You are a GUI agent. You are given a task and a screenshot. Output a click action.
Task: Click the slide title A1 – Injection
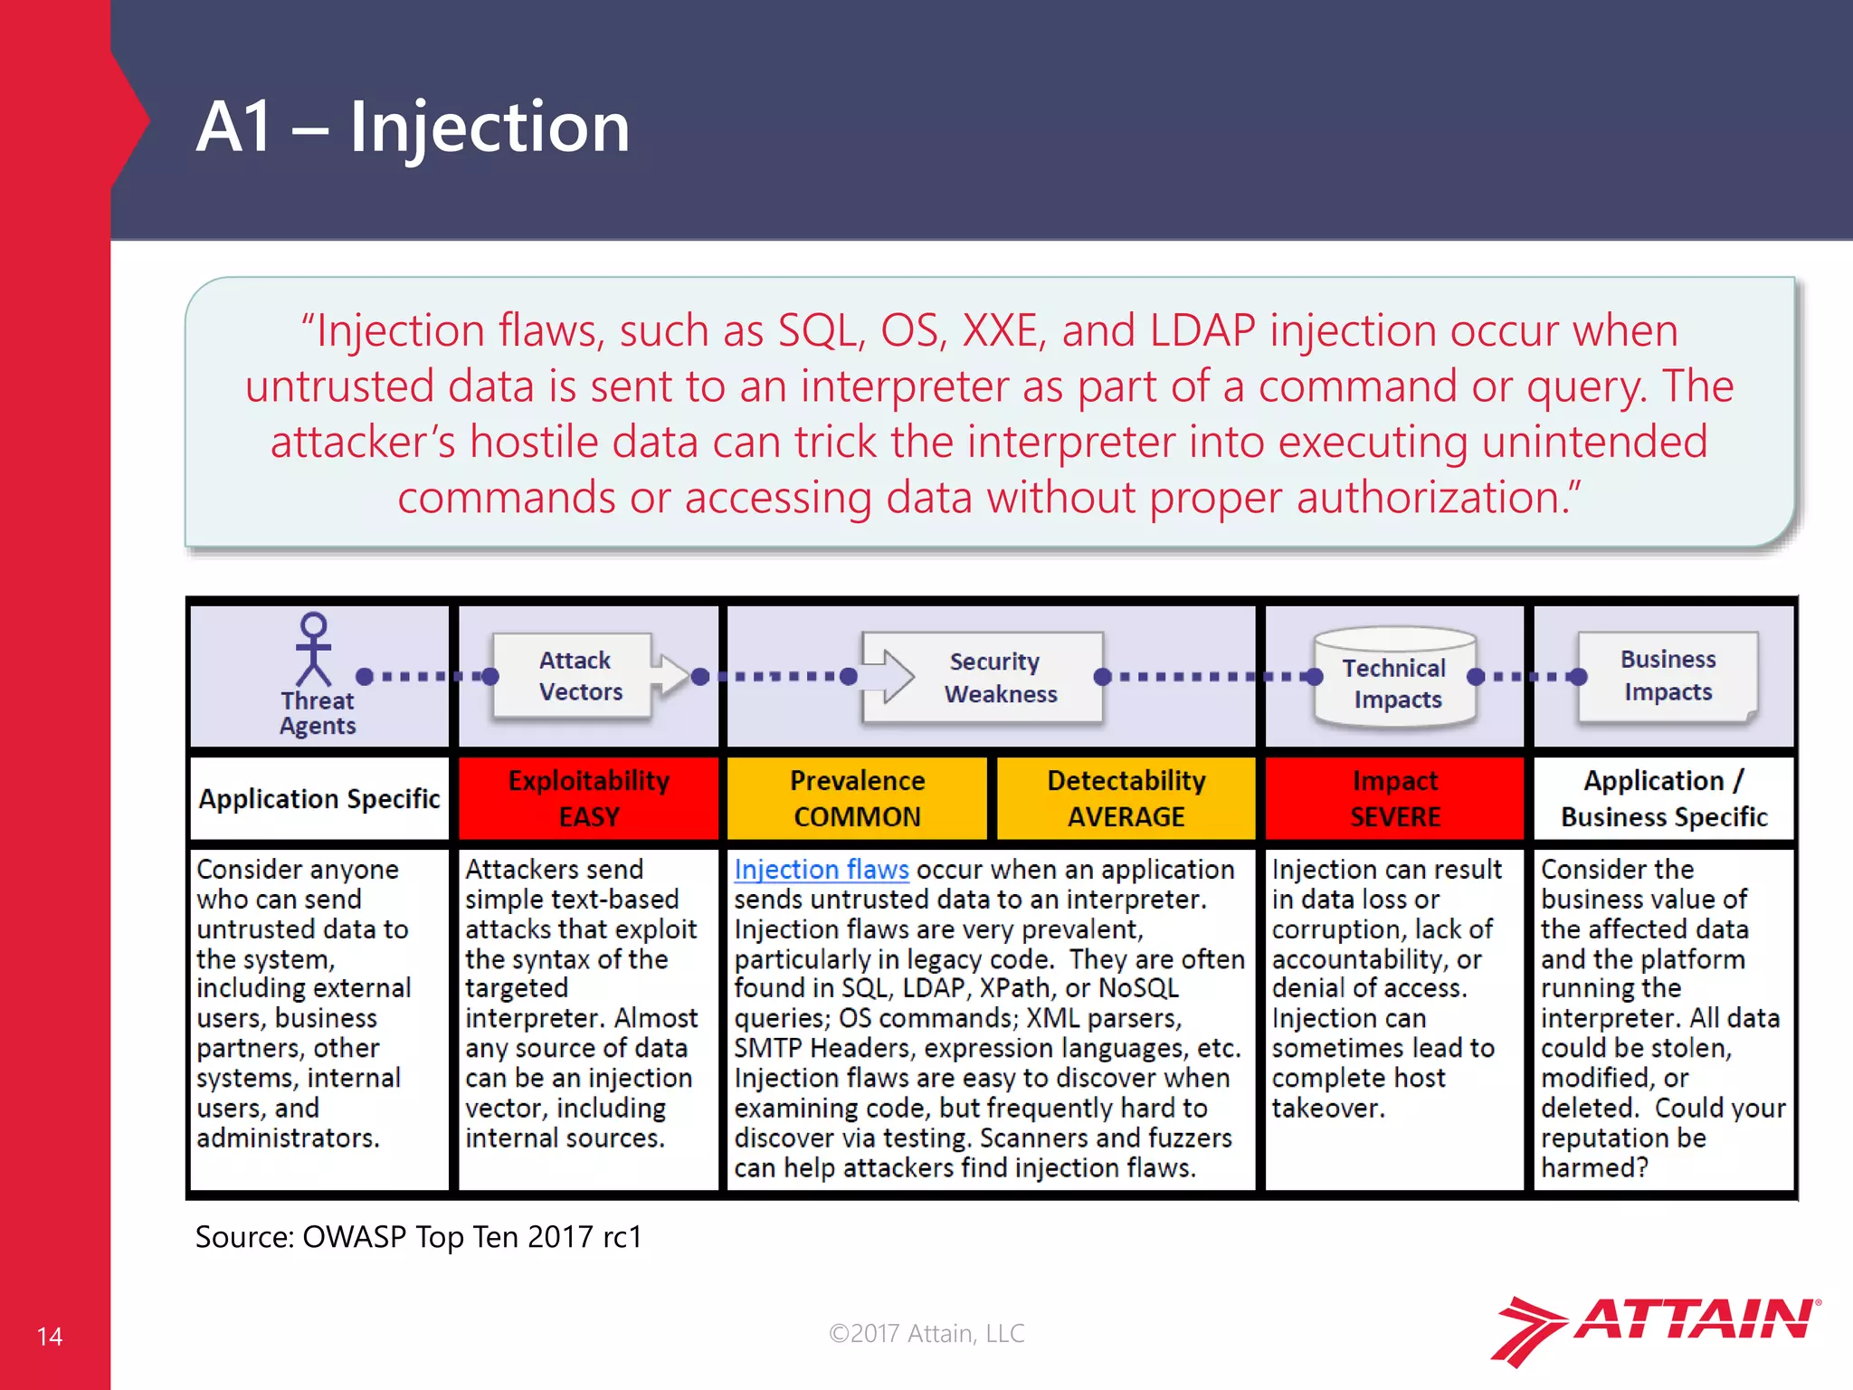pyautogui.click(x=413, y=127)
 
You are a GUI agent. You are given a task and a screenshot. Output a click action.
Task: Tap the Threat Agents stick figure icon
pyautogui.click(x=313, y=650)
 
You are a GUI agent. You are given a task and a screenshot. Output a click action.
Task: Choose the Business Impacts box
pyautogui.click(x=1667, y=675)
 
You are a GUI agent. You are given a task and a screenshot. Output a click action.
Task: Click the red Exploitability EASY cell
pyautogui.click(x=588, y=798)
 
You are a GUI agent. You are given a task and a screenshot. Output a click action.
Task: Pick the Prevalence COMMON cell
pyautogui.click(x=857, y=798)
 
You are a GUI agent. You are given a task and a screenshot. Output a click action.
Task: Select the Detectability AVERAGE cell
pyautogui.click(x=1126, y=798)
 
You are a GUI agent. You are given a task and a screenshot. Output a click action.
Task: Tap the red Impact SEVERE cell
pyautogui.click(x=1394, y=798)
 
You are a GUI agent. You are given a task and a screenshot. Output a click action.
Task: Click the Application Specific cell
pyautogui.click(x=318, y=799)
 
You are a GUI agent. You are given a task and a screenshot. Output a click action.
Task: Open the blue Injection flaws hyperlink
pyautogui.click(x=821, y=870)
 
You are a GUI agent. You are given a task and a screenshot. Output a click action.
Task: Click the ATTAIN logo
pyautogui.click(x=1656, y=1328)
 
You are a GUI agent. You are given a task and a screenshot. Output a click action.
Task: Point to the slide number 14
pyautogui.click(x=50, y=1337)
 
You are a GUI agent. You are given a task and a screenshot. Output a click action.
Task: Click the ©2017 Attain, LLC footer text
pyautogui.click(x=926, y=1333)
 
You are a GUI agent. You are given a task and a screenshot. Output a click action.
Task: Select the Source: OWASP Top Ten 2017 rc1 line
pyautogui.click(x=418, y=1237)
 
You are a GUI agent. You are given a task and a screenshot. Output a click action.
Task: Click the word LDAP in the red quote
pyautogui.click(x=1202, y=330)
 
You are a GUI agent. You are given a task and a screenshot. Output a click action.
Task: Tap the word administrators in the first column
pyautogui.click(x=288, y=1138)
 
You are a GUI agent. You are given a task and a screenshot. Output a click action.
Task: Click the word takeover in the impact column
pyautogui.click(x=1327, y=1109)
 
